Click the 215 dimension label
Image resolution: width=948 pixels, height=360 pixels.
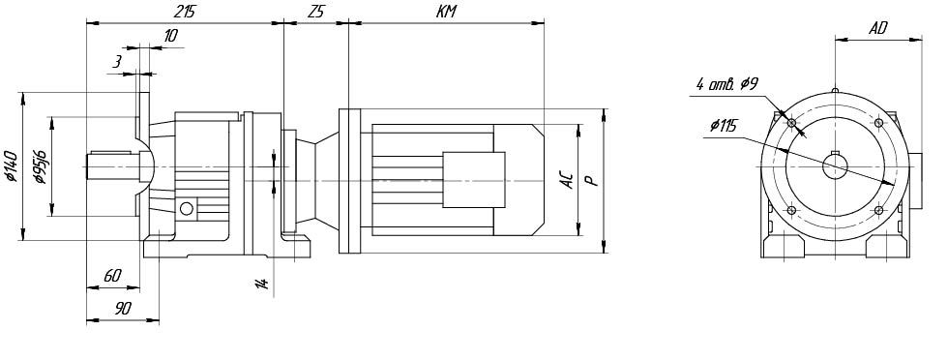point(186,12)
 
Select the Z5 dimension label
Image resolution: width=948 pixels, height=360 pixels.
point(315,12)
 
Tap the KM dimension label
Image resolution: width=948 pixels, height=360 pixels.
point(446,12)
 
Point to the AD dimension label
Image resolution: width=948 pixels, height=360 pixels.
point(878,28)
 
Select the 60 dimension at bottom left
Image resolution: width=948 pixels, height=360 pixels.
point(112,276)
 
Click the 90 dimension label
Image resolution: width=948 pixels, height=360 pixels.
point(123,309)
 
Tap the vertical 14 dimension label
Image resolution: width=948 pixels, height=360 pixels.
point(262,284)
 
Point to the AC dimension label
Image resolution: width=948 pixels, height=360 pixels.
point(568,180)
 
